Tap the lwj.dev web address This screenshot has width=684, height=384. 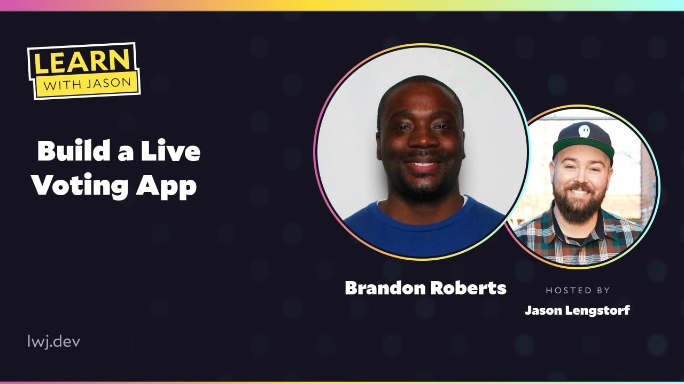(54, 341)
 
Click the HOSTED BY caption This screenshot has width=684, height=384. (578, 291)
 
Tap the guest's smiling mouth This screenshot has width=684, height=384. (422, 165)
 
